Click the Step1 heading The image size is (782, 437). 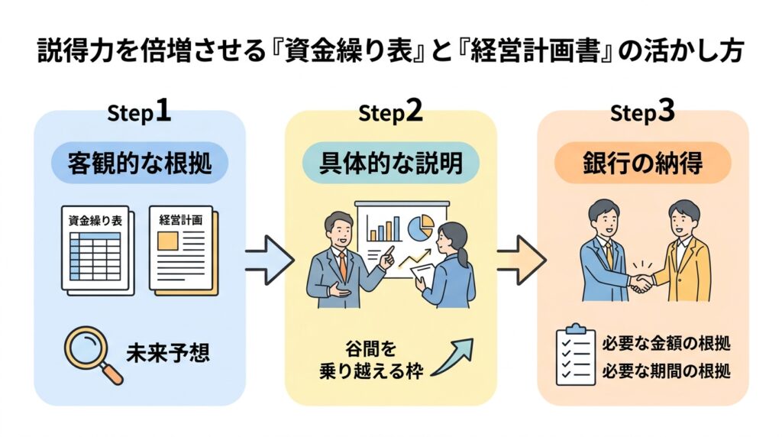(139, 112)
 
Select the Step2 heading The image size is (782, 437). (390, 112)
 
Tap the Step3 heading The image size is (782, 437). (642, 112)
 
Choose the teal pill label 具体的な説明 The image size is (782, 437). (390, 163)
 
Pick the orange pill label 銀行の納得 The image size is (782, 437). (642, 163)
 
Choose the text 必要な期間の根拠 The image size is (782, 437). (667, 371)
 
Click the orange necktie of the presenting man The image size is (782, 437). (344, 264)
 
